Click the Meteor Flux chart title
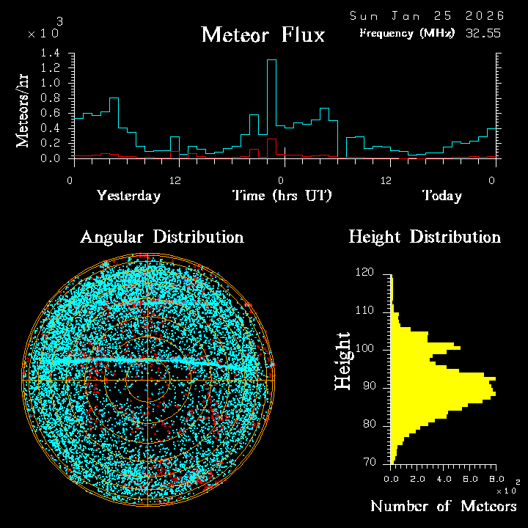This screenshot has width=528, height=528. [x=263, y=34]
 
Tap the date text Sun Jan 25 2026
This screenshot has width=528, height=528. [x=426, y=15]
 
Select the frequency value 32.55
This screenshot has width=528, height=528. [x=483, y=33]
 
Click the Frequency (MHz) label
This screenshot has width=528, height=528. [x=407, y=33]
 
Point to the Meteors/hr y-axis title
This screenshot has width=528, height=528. [x=23, y=111]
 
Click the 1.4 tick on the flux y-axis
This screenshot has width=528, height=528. [x=51, y=54]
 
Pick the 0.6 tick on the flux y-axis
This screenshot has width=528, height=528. [x=51, y=113]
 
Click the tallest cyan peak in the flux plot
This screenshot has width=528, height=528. [x=271, y=61]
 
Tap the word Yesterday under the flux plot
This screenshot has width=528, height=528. [x=128, y=196]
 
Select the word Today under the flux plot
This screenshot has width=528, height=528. [x=441, y=196]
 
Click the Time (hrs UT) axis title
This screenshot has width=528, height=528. [x=282, y=196]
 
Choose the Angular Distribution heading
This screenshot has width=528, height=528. [x=161, y=237]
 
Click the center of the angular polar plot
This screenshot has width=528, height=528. [x=148, y=381]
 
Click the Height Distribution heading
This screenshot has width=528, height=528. [x=425, y=237]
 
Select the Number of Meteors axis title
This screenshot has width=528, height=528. [x=443, y=507]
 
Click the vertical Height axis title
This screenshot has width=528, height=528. [x=342, y=360]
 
